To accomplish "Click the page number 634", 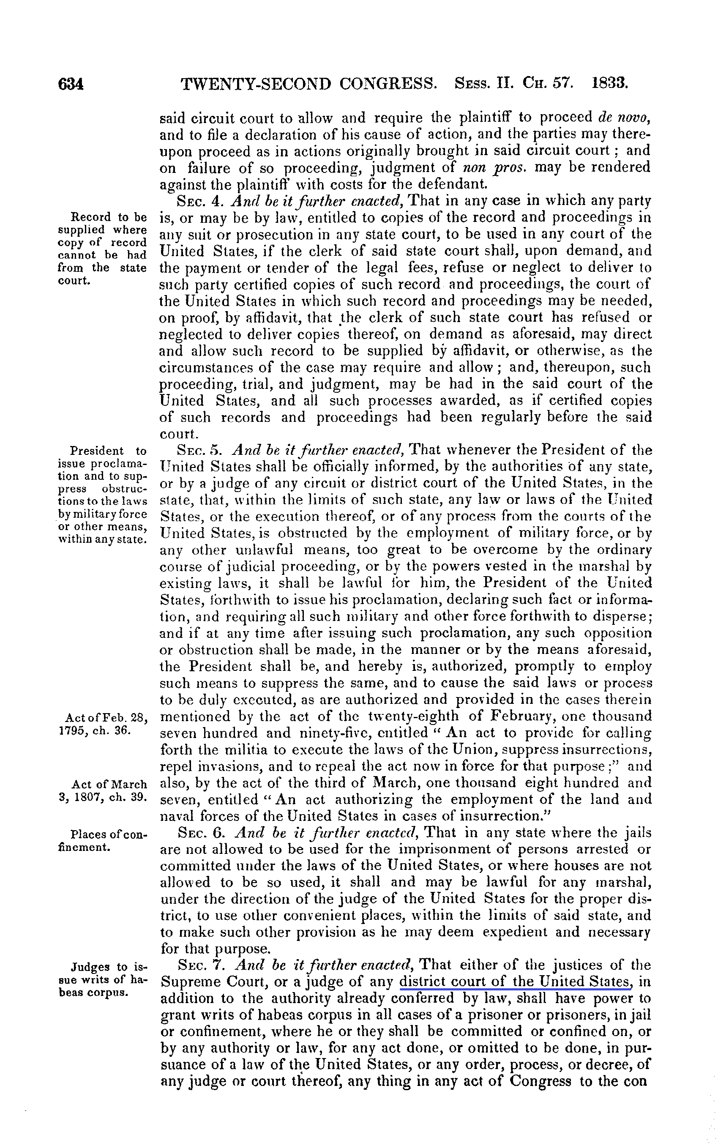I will click(x=71, y=85).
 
